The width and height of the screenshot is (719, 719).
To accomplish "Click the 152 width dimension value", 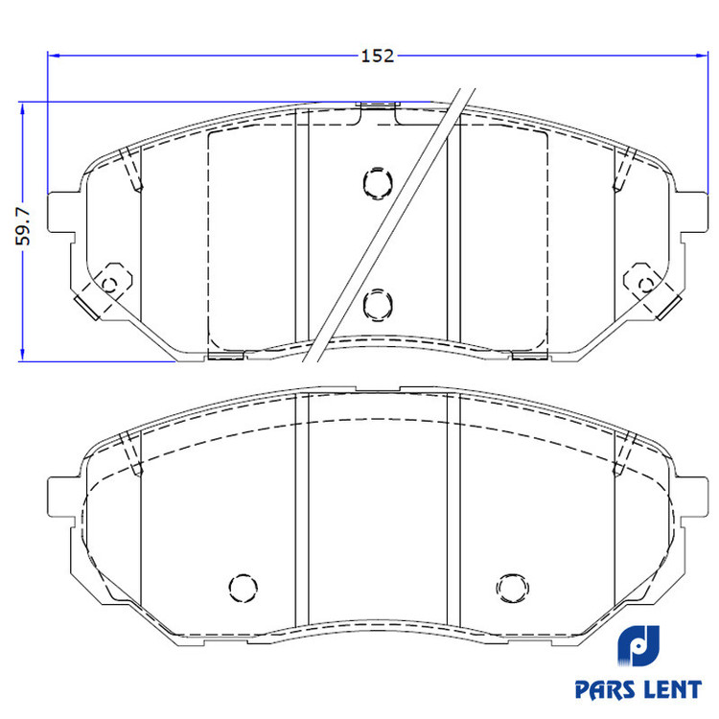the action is coord(378,56).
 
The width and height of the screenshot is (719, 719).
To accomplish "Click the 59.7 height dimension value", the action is coord(23,226).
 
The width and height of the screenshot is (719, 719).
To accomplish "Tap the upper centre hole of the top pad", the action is coord(378,183).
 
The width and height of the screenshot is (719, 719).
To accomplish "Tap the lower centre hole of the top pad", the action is coord(378,305).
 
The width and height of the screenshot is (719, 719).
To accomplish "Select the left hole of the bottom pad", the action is coord(244,588).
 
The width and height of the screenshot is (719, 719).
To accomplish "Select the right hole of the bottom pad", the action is coord(512,588).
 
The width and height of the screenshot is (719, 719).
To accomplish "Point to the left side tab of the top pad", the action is coord(59,212).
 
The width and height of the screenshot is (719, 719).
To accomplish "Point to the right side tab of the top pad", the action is coord(693,212).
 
